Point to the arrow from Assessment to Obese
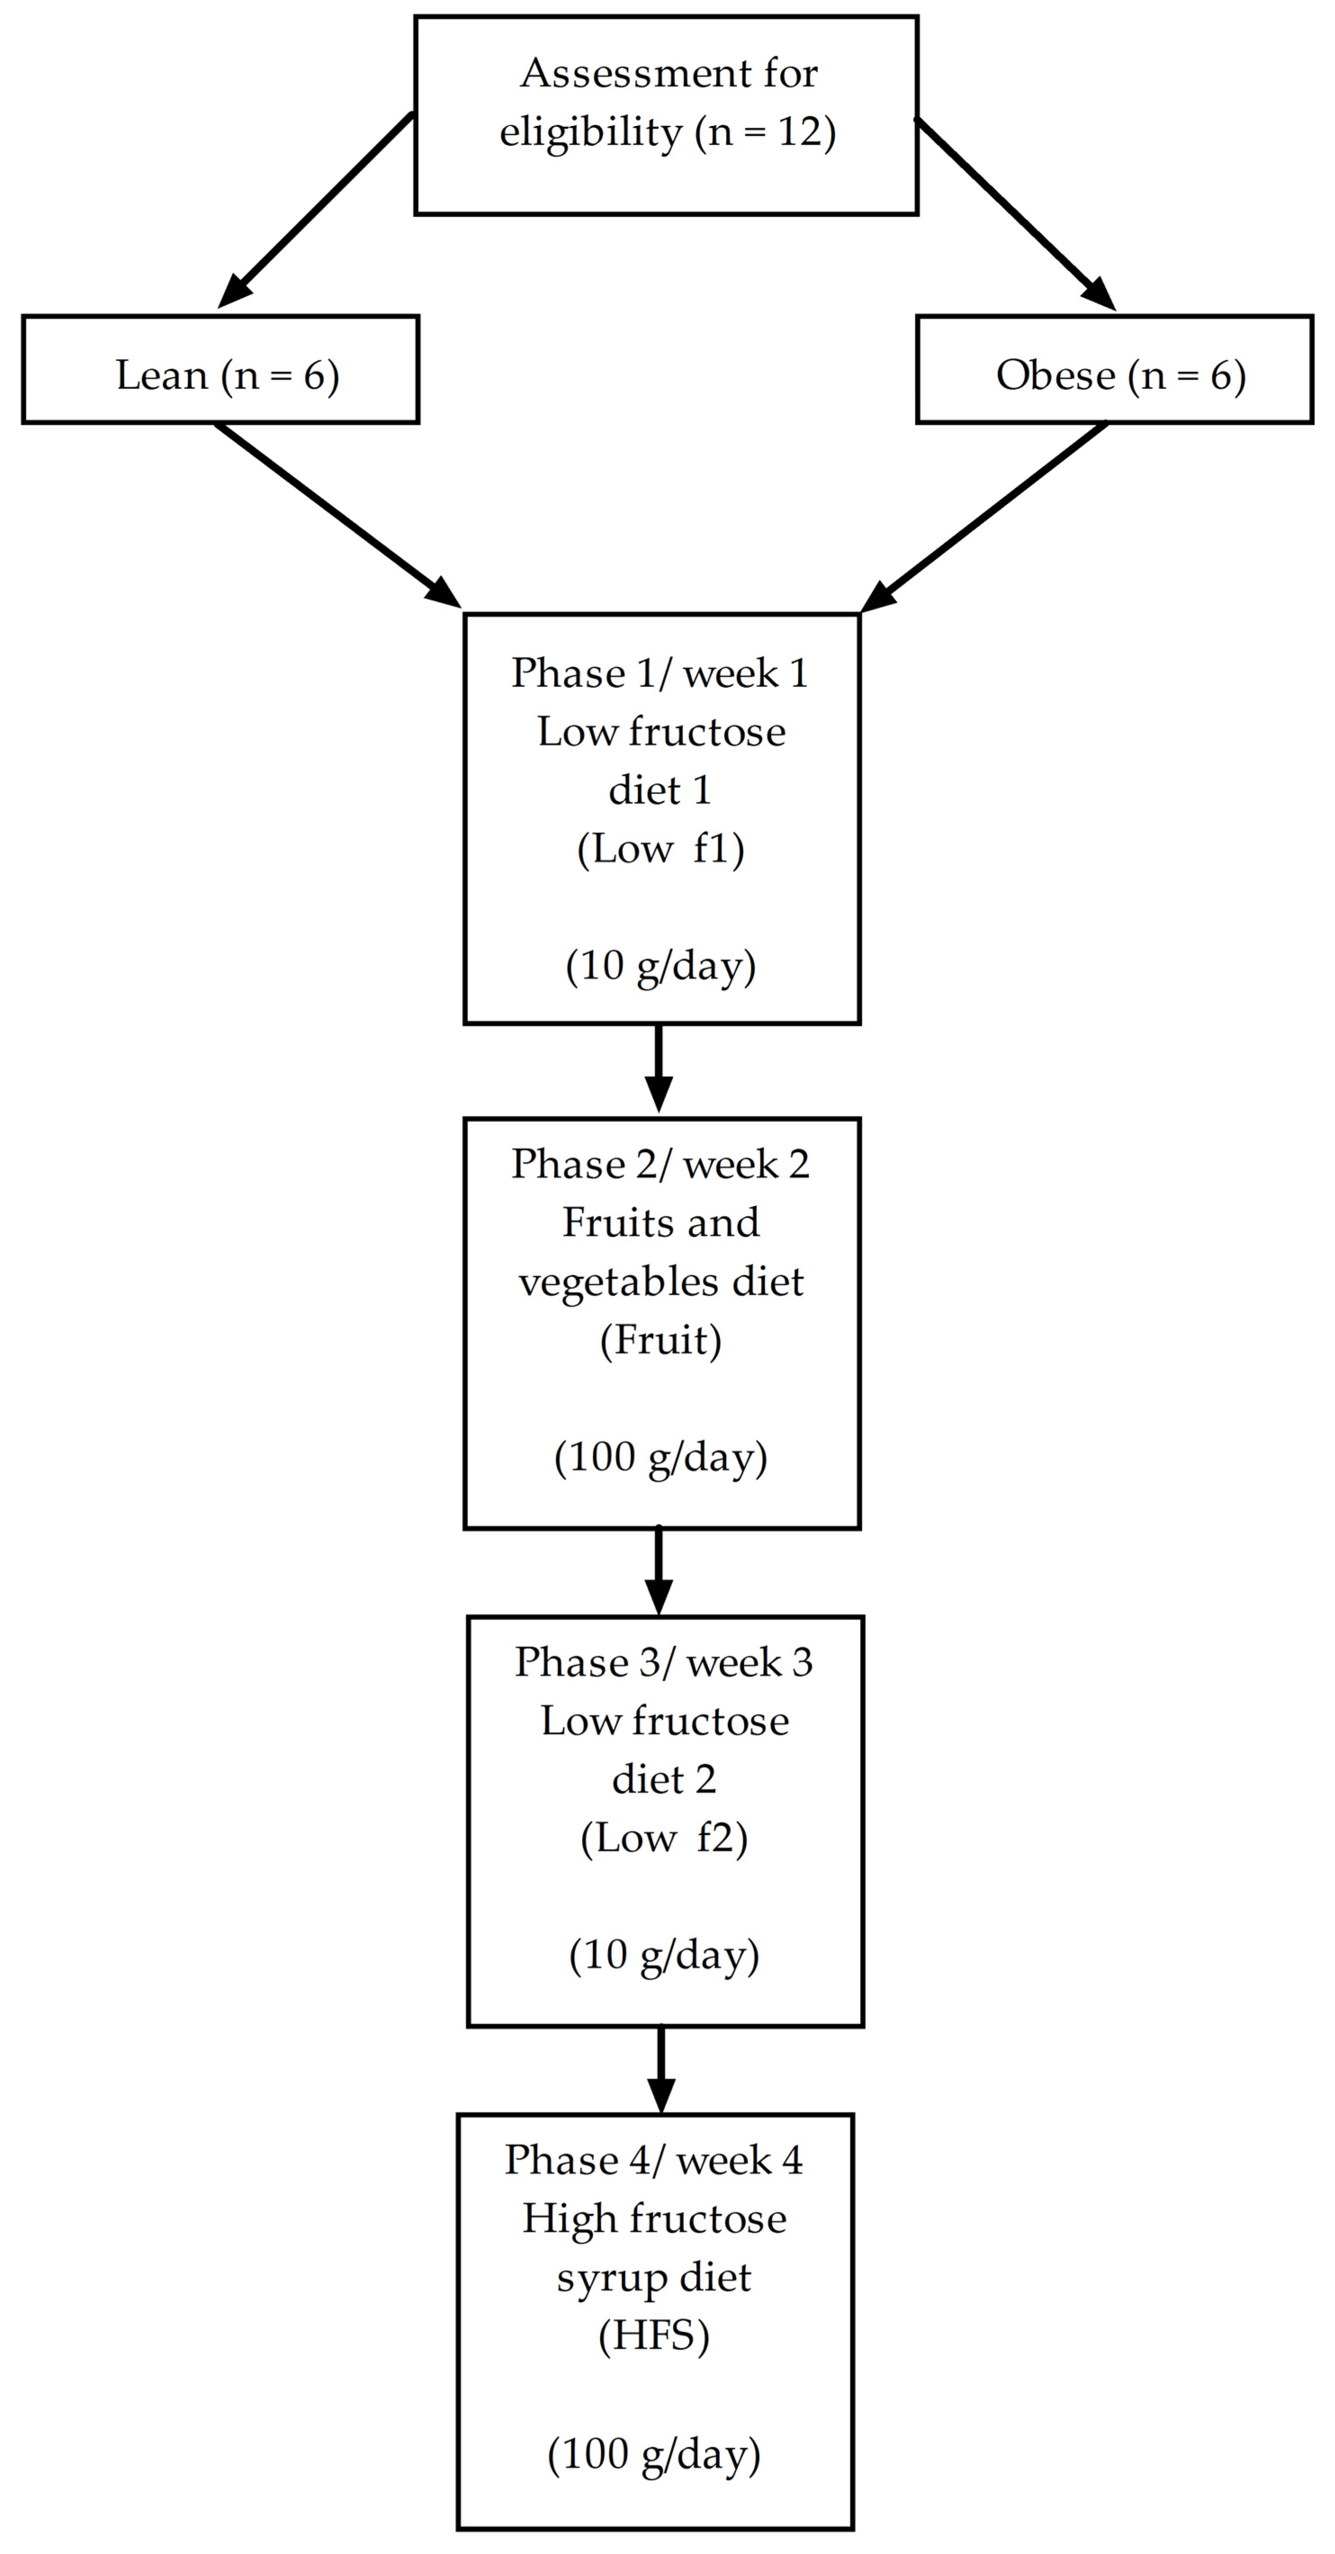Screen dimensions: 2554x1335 1014,212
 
